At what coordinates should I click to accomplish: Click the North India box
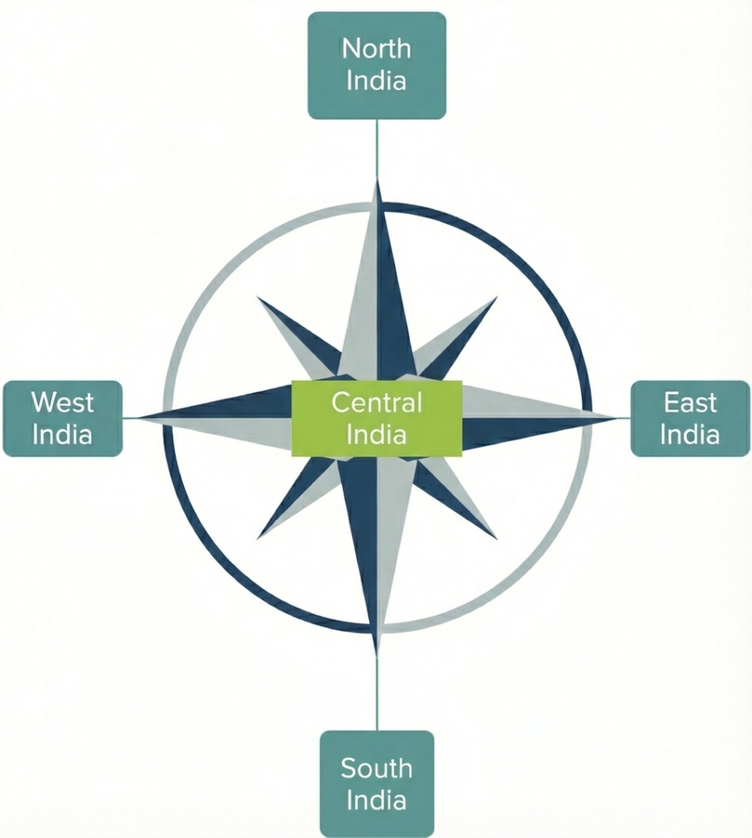(376, 65)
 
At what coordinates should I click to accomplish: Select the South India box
(376, 783)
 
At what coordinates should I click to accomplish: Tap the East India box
(690, 418)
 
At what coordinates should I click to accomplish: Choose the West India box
(63, 418)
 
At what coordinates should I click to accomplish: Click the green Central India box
(376, 417)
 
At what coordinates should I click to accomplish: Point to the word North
(376, 49)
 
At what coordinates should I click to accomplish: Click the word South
(376, 768)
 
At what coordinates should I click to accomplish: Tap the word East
(690, 403)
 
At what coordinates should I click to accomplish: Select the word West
(63, 403)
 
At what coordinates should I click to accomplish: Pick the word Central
(376, 403)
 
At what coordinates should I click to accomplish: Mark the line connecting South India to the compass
(377, 692)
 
